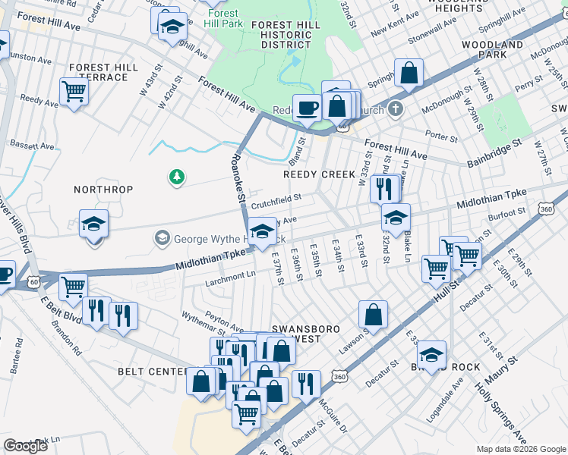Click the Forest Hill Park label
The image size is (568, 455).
[222, 18]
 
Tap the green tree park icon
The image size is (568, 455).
[176, 177]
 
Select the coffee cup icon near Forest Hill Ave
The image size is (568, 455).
[306, 108]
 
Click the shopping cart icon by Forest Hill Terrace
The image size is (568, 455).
[74, 93]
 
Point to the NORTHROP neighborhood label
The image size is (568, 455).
[103, 189]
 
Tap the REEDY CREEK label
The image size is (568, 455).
[319, 174]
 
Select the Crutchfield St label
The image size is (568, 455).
[276, 200]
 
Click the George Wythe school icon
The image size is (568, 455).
[162, 239]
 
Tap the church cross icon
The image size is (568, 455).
[393, 111]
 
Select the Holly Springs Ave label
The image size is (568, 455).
[500, 414]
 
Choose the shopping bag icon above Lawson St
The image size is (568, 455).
[374, 314]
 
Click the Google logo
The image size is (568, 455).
[25, 446]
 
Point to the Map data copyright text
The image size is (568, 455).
[520, 449]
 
